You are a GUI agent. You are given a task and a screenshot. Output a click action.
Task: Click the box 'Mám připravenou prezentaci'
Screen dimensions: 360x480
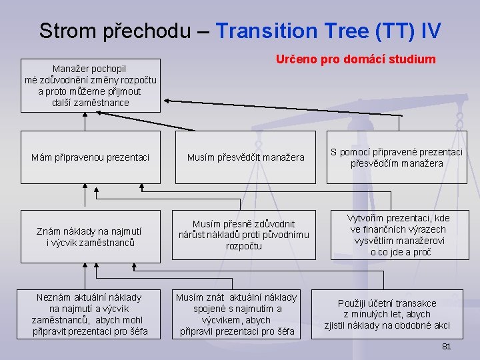(91, 157)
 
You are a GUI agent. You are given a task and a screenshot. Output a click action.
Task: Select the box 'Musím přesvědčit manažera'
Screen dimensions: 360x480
(245, 157)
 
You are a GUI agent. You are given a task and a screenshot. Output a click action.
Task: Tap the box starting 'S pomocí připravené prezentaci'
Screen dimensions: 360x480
(397, 157)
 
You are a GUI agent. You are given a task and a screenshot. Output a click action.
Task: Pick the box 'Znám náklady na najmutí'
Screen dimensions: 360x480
(91, 237)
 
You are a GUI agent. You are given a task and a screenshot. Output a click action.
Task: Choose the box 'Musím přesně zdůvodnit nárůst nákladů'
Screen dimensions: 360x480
(245, 235)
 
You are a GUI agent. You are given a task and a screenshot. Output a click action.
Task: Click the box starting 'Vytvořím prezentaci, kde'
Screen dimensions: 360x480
(399, 235)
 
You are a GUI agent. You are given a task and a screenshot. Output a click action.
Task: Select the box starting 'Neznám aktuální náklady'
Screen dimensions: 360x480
(91, 314)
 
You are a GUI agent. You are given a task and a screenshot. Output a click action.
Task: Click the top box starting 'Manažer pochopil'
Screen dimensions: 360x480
(91, 85)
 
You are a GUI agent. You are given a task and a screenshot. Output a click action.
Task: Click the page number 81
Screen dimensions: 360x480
(447, 347)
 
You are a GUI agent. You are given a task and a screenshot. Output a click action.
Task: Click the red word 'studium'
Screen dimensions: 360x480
(411, 59)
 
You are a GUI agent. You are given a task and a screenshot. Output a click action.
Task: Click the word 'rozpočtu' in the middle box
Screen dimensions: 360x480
(243, 247)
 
